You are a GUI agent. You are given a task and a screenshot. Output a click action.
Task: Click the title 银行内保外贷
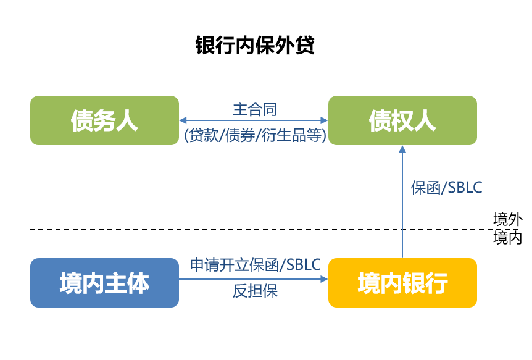(255, 45)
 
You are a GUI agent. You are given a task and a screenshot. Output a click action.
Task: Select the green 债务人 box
(104, 120)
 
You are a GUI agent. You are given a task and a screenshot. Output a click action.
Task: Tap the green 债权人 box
(403, 120)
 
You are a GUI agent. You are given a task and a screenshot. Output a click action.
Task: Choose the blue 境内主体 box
(104, 283)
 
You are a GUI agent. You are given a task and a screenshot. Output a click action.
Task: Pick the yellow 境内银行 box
(403, 283)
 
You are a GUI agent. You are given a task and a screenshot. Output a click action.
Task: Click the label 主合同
(255, 109)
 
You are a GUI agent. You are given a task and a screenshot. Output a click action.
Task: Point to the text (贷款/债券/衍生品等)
(255, 135)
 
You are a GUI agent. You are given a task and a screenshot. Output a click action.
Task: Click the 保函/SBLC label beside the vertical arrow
(446, 188)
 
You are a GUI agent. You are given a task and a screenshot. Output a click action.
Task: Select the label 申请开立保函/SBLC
(255, 264)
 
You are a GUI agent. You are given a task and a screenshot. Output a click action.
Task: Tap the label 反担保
(255, 291)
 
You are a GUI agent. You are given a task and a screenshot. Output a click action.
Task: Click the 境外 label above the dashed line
(507, 219)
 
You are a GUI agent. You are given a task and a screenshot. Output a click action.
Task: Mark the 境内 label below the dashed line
(507, 237)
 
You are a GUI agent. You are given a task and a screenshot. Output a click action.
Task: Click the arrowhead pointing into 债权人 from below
(402, 149)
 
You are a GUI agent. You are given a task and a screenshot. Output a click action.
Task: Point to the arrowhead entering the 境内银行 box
(325, 279)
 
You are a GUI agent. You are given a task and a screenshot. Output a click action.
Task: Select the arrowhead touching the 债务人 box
(183, 120)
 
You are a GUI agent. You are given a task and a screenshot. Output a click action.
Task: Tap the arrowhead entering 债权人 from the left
(325, 120)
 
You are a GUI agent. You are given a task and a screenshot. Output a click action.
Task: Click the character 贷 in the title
(305, 45)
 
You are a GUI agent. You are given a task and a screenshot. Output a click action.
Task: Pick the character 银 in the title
(205, 45)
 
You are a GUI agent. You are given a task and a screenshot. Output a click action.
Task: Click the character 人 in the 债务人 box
(127, 121)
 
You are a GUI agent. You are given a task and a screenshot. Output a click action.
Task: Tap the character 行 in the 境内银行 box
(437, 283)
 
